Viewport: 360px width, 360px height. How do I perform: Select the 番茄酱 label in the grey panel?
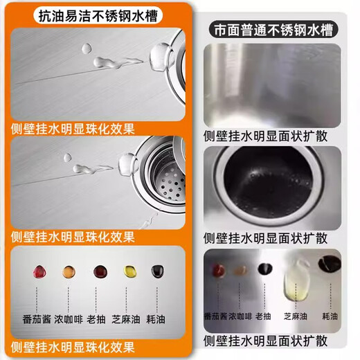[x=217, y=315]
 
